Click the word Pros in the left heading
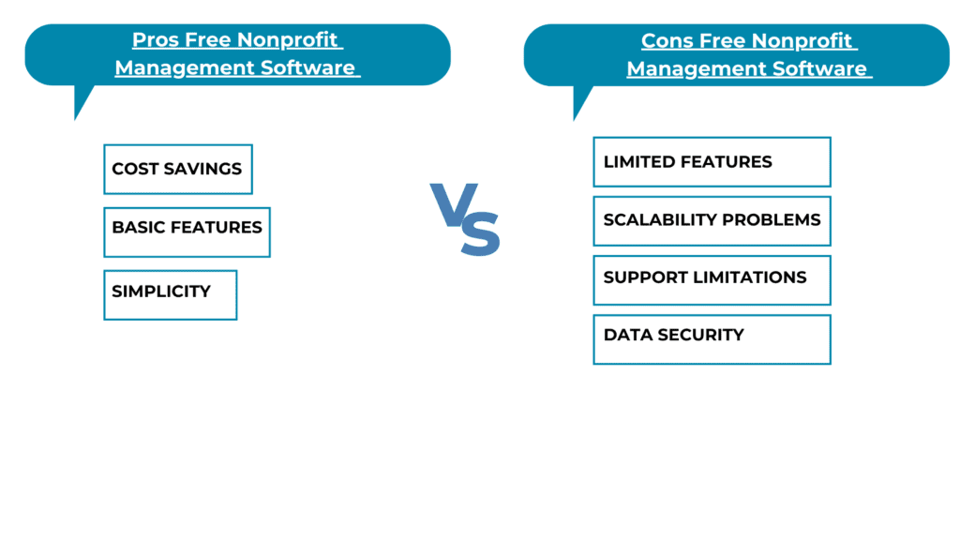pyautogui.click(x=155, y=39)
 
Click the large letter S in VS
pyautogui.click(x=481, y=232)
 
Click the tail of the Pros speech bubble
pyautogui.click(x=81, y=99)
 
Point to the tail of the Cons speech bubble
pyautogui.click(x=579, y=99)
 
